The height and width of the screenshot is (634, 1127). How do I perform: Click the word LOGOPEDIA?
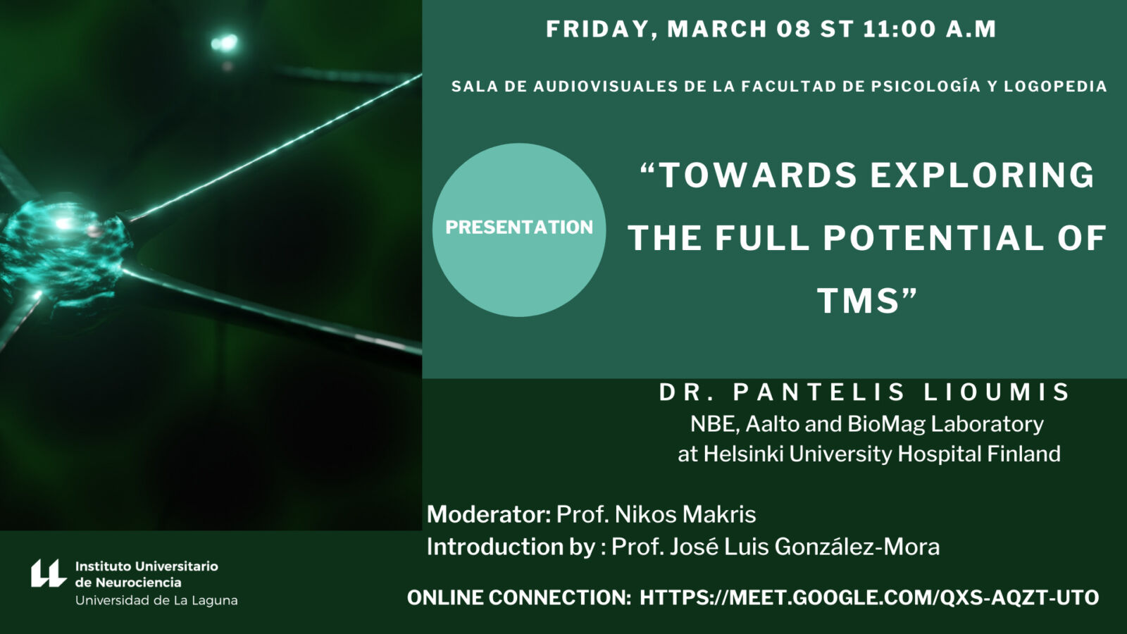click(1056, 87)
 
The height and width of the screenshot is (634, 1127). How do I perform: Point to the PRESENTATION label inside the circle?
click(519, 228)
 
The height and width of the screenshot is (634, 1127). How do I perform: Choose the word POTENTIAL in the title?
click(934, 238)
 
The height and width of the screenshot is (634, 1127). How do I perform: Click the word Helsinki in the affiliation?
click(743, 454)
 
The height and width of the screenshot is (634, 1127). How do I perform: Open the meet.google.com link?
click(869, 598)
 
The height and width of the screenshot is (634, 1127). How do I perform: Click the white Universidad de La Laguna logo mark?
click(49, 573)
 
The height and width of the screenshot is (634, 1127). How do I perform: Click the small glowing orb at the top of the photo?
click(225, 43)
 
